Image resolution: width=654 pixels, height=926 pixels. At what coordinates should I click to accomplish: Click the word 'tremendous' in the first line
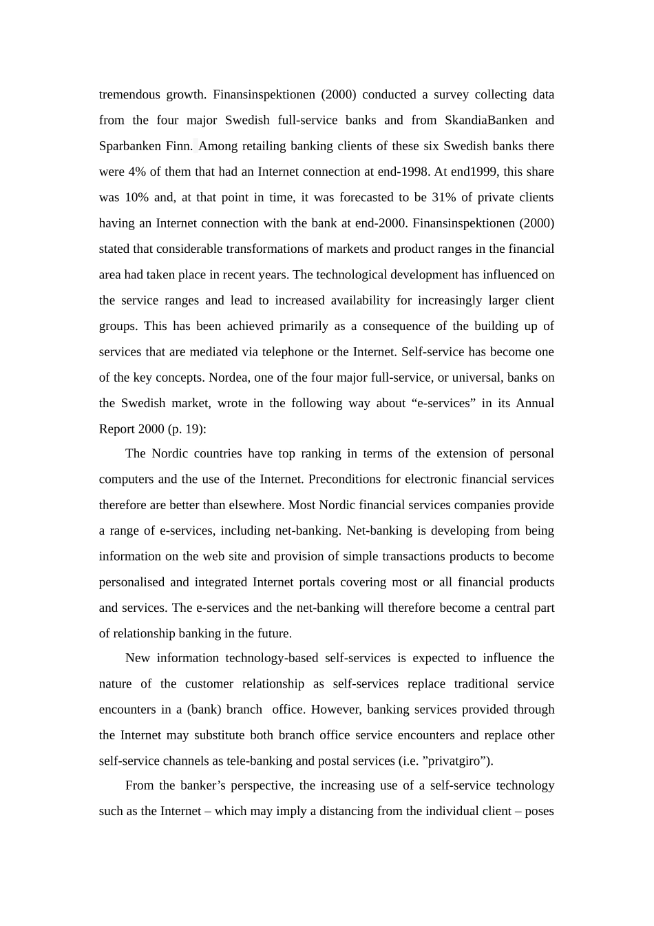click(x=129, y=94)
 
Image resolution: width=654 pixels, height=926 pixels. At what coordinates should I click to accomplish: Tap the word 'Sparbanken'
click(x=130, y=146)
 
